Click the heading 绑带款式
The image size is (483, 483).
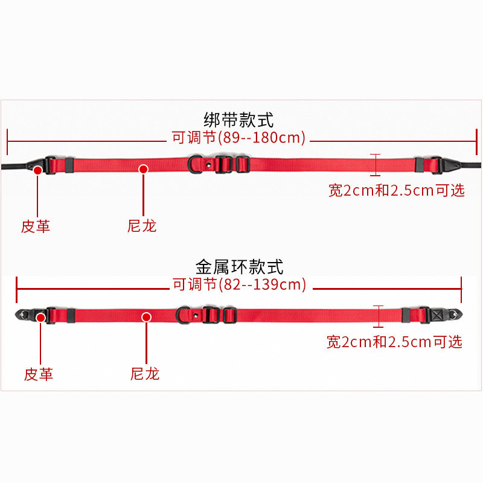(239, 120)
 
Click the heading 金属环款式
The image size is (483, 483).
(239, 266)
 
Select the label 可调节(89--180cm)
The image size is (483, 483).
(239, 138)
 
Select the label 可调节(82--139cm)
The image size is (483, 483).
(240, 284)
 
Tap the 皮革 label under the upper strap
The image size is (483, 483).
(36, 226)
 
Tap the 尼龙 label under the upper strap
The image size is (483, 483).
(142, 226)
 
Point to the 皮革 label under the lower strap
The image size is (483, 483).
(39, 374)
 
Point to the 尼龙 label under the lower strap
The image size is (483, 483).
(146, 374)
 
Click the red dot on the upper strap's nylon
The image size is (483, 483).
(143, 169)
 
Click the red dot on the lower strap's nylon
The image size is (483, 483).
(146, 317)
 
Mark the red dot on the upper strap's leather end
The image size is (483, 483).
(37, 171)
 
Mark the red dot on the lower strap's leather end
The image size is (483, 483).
(40, 318)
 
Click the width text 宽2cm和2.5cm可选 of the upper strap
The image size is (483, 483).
(397, 191)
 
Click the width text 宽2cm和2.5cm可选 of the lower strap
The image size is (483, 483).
(394, 342)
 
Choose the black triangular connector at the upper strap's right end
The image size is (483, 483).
(450, 164)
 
